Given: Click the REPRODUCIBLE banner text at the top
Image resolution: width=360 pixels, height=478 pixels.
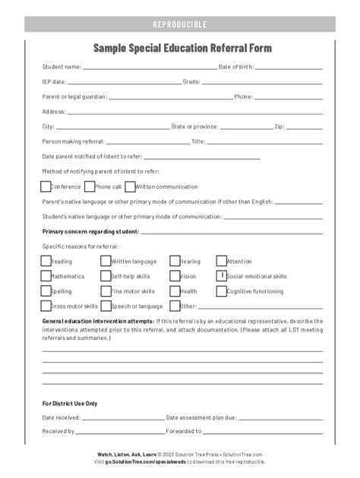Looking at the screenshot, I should [x=180, y=24].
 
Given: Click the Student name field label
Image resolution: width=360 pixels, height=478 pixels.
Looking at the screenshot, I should [x=62, y=67].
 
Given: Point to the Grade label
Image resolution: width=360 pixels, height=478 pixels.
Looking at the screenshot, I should [x=191, y=82].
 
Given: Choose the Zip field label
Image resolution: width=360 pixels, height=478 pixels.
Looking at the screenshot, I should [x=279, y=127].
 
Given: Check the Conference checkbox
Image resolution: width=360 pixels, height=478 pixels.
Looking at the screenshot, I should [x=46, y=186].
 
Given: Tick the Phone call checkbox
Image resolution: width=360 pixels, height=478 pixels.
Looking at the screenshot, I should [x=90, y=186].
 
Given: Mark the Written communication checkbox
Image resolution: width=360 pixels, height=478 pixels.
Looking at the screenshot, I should [x=130, y=186].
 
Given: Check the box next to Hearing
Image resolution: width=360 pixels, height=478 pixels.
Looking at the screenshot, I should [x=175, y=261].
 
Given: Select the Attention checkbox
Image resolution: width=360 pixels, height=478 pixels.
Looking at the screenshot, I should [x=221, y=261].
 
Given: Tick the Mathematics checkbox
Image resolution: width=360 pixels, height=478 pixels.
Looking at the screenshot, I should [x=46, y=276].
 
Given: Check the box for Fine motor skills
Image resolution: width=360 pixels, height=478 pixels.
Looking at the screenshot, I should [x=106, y=291].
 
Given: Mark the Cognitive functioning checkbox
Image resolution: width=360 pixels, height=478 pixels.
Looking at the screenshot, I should [x=221, y=291].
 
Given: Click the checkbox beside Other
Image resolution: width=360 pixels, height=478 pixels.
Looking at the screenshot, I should [x=175, y=306].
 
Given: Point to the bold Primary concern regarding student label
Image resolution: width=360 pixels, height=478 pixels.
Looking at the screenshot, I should [x=90, y=231].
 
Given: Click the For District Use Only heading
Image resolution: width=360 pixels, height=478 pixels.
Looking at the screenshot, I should [x=70, y=404].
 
